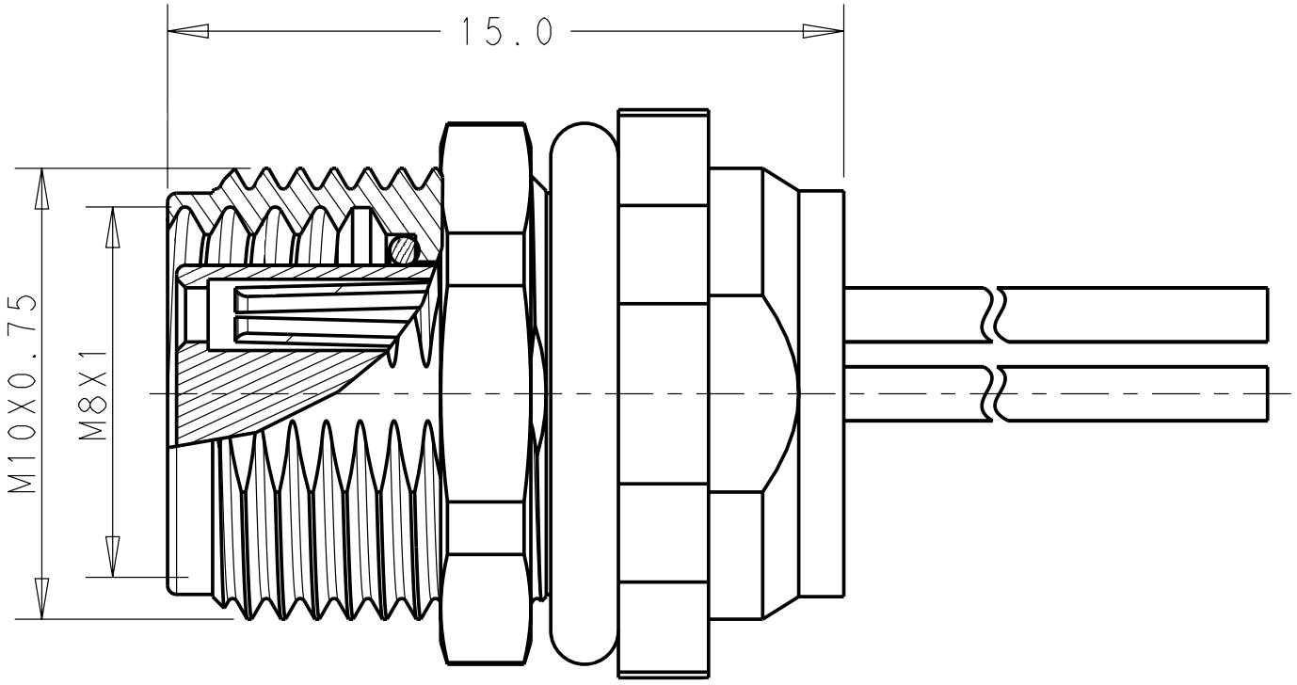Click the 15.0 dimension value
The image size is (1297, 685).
pos(505,31)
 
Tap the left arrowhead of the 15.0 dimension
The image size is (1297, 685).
pos(187,31)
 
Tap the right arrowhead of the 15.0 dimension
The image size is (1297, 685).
pos(823,31)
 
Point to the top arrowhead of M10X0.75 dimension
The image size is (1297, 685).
pos(40,188)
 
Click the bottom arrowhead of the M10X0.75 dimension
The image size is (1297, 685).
pos(40,598)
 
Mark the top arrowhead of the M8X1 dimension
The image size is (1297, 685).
pos(113,226)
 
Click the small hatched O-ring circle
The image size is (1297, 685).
pos(402,248)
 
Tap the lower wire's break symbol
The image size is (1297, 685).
pos(993,393)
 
